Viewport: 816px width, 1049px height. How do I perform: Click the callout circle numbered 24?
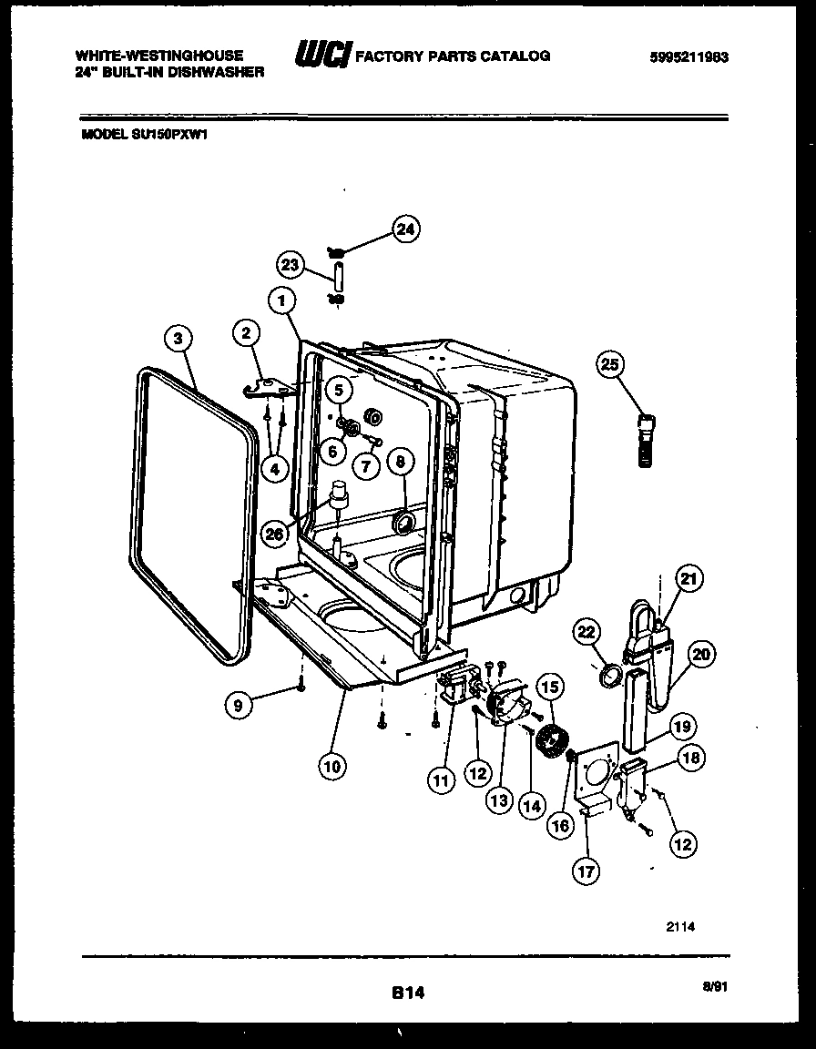(x=405, y=230)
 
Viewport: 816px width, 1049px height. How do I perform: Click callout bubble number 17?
(x=586, y=871)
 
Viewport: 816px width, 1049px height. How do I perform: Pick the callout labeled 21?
(x=689, y=579)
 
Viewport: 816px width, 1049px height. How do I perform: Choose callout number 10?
(x=331, y=766)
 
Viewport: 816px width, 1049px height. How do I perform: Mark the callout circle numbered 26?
(x=274, y=535)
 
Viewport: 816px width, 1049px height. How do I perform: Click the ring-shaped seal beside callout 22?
(x=611, y=676)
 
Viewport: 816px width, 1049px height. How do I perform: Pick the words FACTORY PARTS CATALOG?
(x=452, y=56)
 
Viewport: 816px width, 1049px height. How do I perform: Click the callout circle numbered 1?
(x=282, y=300)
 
